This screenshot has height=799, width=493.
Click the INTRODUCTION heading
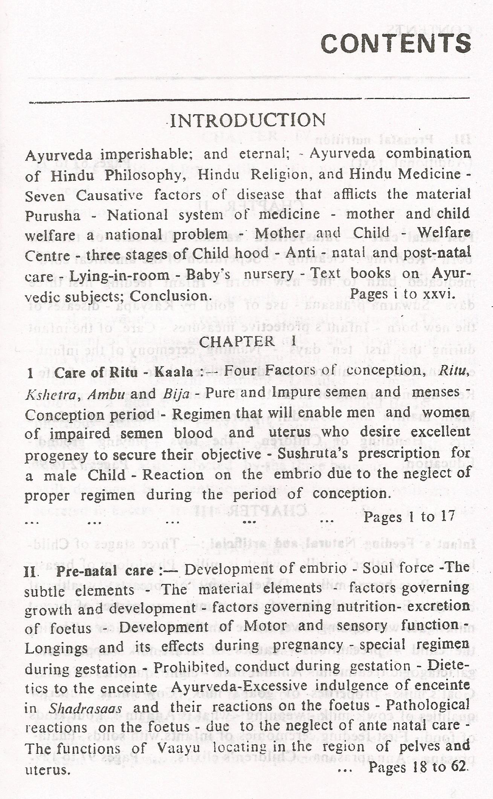[x=248, y=121]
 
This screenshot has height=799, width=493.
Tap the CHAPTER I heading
[x=247, y=341]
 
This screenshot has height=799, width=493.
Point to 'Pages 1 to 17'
[x=409, y=516]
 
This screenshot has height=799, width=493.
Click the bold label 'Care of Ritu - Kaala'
[x=124, y=373]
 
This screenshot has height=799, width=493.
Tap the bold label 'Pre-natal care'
[x=105, y=571]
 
